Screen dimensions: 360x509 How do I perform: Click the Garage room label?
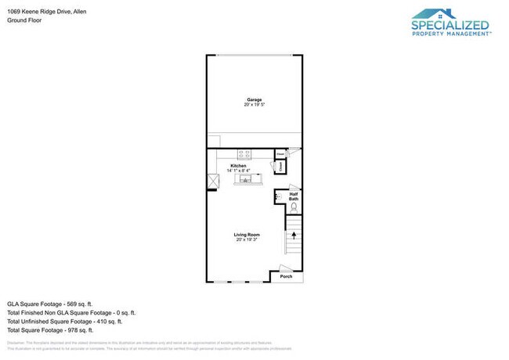coord(254,99)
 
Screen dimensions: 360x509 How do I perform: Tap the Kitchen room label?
coord(239,165)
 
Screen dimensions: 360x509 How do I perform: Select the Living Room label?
coord(247,234)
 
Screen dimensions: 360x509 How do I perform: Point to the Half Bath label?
coord(294,196)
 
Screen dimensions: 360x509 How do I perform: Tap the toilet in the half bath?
coord(294,207)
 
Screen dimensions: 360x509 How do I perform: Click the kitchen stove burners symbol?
coord(244,153)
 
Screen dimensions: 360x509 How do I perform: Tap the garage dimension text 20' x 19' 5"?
coord(254,105)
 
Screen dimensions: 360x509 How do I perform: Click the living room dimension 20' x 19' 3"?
coord(247,239)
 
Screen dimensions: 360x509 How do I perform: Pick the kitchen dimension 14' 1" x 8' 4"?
coord(239,170)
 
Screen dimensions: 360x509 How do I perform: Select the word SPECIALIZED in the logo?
coord(451,26)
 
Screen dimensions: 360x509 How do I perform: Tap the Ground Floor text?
coord(23,20)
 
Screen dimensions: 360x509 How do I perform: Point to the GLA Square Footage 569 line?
coord(50,303)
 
